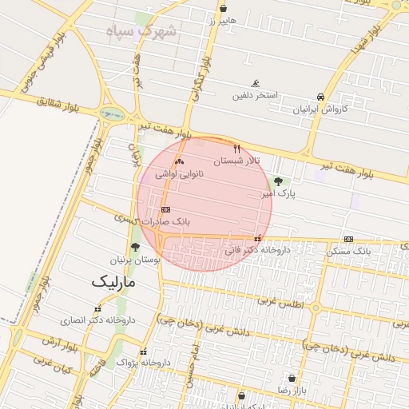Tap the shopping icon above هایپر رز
(x=223, y=9)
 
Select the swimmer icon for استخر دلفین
(x=256, y=84)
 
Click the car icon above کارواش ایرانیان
(x=320, y=96)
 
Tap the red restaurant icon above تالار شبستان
(x=236, y=149)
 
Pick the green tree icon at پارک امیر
(x=277, y=181)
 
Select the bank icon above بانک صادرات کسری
(x=165, y=209)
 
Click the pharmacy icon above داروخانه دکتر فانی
(x=256, y=238)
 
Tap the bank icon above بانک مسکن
(x=348, y=239)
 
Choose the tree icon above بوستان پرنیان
(x=135, y=247)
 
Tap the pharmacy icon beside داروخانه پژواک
(x=143, y=351)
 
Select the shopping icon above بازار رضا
(x=292, y=378)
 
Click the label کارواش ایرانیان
(x=320, y=108)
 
